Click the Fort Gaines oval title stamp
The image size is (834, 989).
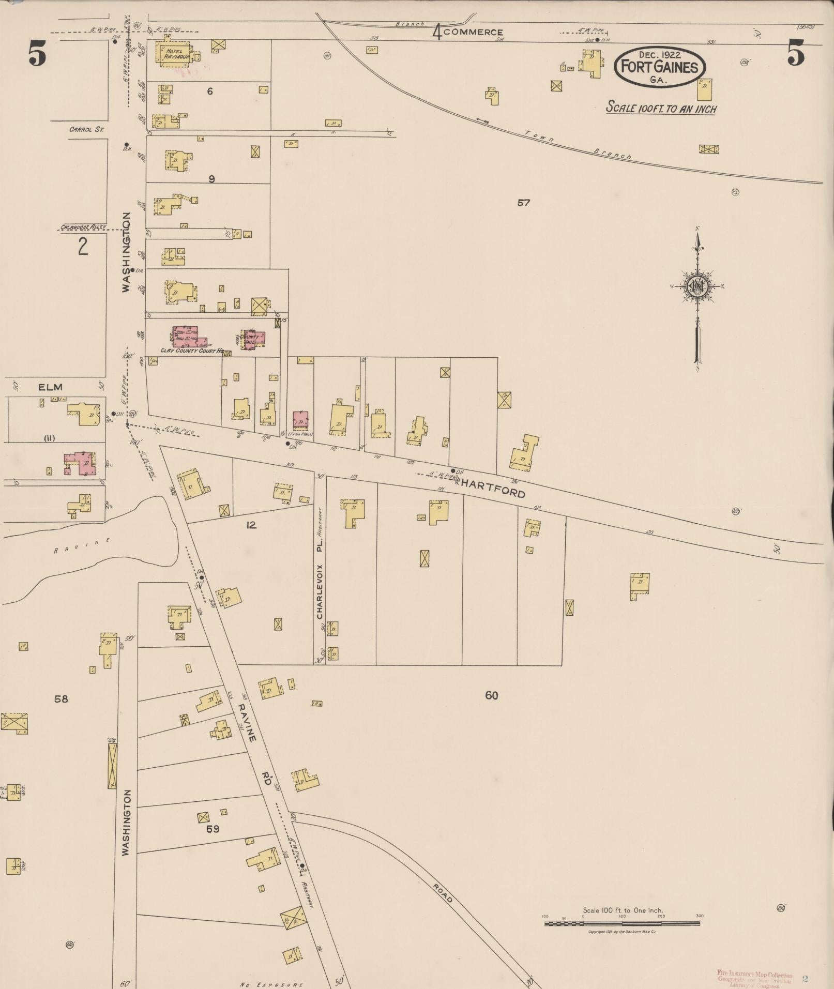tap(659, 67)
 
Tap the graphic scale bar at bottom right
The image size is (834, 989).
tap(623, 923)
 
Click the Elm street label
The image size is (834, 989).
tap(50, 387)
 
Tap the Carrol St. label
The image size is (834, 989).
tap(86, 129)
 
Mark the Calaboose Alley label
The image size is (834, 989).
tap(83, 227)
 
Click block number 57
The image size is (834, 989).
tap(523, 203)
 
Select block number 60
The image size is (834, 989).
tap(491, 695)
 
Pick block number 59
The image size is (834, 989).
tap(213, 829)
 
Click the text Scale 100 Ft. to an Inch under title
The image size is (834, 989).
tap(661, 108)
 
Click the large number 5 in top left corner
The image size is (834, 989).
tap(37, 54)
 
